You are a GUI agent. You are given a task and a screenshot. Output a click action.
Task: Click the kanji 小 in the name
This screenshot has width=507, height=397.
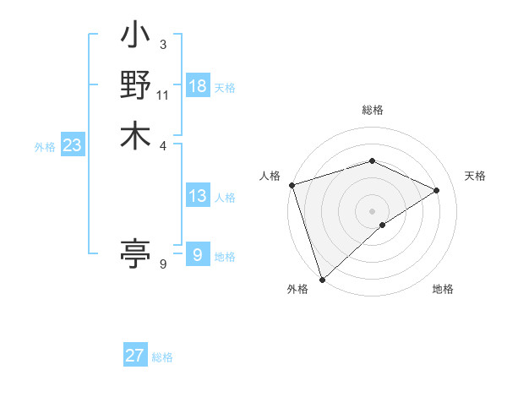pyautogui.click(x=135, y=39)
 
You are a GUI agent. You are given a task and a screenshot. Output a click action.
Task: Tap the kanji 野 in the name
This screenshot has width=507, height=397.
pyautogui.click(x=135, y=87)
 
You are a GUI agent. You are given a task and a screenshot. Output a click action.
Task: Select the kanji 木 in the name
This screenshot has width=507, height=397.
pyautogui.click(x=135, y=135)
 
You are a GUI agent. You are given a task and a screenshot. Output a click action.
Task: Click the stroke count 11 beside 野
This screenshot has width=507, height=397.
pyautogui.click(x=163, y=95)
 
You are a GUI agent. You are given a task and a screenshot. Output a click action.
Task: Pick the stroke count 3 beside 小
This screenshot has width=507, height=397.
pyautogui.click(x=163, y=45)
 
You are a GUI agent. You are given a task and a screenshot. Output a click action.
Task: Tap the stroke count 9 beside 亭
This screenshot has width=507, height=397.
pyautogui.click(x=163, y=264)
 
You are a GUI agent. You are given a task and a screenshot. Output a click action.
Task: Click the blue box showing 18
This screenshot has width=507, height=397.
pyautogui.click(x=198, y=86)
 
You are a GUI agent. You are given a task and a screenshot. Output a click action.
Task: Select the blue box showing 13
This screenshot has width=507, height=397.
pyautogui.click(x=198, y=196)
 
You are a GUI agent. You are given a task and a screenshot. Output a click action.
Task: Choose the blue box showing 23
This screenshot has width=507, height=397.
pyautogui.click(x=72, y=145)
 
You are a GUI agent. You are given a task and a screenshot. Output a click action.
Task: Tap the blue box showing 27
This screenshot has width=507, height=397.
pyautogui.click(x=134, y=356)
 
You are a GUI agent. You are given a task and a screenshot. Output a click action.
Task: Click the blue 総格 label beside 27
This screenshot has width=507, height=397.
pyautogui.click(x=162, y=357)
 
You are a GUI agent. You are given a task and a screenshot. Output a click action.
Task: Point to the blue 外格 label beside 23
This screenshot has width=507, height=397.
pyautogui.click(x=45, y=147)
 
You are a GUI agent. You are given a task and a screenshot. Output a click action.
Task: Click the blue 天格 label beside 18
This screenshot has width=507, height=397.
pyautogui.click(x=225, y=88)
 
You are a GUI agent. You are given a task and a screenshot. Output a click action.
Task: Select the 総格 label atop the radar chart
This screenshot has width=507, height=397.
pyautogui.click(x=372, y=110)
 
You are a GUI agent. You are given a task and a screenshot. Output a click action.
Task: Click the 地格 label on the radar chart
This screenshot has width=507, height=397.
pyautogui.click(x=443, y=289)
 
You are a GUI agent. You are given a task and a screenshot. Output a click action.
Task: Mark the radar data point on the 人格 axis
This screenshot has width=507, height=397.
pyautogui.click(x=292, y=185)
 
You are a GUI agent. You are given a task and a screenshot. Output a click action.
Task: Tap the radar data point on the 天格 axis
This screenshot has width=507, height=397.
pyautogui.click(x=437, y=190)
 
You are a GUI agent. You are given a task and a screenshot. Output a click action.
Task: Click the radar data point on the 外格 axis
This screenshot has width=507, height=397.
pyautogui.click(x=321, y=279)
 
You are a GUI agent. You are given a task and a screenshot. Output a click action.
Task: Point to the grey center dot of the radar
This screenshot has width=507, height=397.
pyautogui.click(x=372, y=210)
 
